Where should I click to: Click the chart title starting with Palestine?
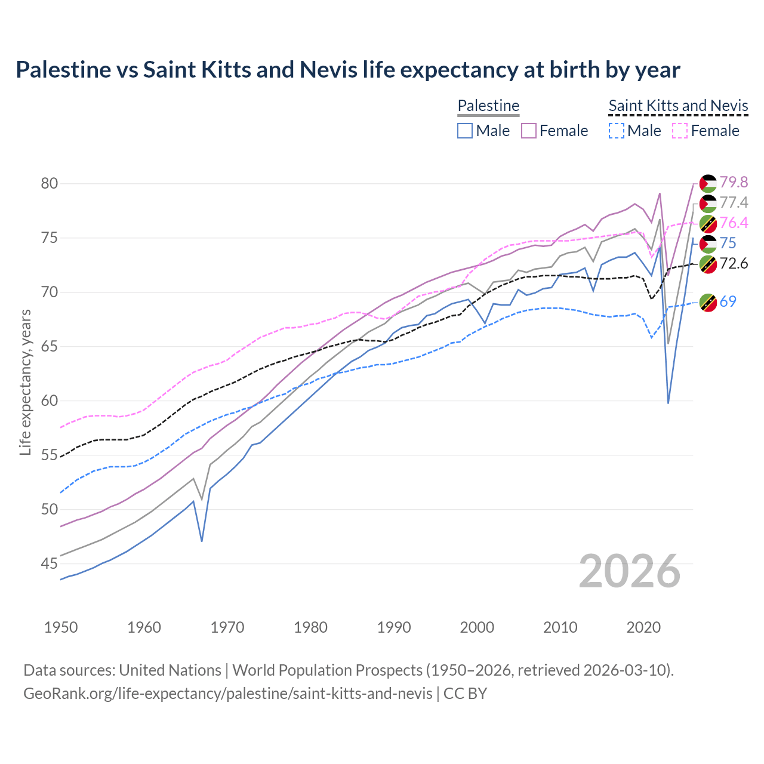347,70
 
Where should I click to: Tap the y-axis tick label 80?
50,183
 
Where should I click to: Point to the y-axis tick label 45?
50,563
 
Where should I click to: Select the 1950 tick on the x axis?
61,627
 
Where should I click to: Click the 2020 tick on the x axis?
643,627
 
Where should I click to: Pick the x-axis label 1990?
394,627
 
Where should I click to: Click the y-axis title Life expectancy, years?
26,382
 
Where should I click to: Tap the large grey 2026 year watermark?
630,571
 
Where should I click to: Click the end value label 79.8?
734,182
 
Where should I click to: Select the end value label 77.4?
734,202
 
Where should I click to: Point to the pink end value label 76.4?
734,223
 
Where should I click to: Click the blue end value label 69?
728,301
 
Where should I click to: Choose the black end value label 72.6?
734,263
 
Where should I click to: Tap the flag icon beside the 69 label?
708,303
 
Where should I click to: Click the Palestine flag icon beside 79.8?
708,183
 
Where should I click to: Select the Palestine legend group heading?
488,106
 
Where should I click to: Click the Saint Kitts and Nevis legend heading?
678,106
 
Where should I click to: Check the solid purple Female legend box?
529,131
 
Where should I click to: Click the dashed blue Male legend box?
617,131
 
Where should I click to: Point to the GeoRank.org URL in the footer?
228,694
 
